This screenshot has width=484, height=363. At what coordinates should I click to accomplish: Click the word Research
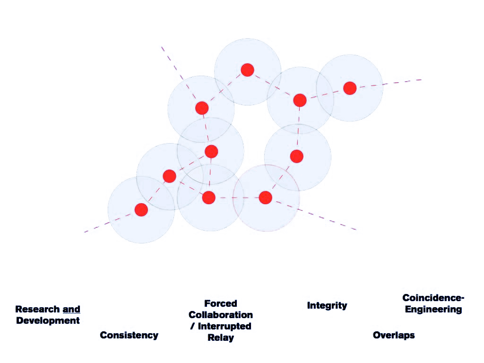(x=38, y=310)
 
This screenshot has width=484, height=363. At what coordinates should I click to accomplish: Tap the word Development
(x=48, y=320)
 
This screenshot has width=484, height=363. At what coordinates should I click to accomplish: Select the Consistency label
(x=129, y=335)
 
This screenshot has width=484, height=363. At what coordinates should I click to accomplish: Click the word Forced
(x=220, y=303)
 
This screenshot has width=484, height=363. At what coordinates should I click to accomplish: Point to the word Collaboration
(x=220, y=315)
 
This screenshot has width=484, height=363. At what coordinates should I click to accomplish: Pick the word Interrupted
(x=225, y=326)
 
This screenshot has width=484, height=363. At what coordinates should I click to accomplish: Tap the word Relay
(x=220, y=337)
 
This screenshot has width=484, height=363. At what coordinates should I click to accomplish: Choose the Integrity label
(x=327, y=305)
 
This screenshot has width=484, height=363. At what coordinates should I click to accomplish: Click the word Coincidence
(x=432, y=298)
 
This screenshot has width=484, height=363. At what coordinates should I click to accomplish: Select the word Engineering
(x=433, y=310)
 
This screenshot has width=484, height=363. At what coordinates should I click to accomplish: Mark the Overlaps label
(x=394, y=335)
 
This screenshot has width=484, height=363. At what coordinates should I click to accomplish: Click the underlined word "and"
(x=71, y=310)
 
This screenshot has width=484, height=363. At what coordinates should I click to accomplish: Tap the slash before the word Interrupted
(x=192, y=326)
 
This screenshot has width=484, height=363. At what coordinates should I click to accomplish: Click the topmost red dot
(x=247, y=70)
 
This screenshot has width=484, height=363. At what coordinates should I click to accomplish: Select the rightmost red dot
(x=350, y=88)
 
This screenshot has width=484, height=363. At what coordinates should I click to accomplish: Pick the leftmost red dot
(x=141, y=210)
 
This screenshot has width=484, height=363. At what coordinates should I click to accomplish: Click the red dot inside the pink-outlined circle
(x=266, y=198)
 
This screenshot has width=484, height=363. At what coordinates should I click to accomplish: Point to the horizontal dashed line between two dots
(x=237, y=198)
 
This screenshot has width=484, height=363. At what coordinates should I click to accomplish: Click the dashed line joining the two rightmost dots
(x=325, y=94)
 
